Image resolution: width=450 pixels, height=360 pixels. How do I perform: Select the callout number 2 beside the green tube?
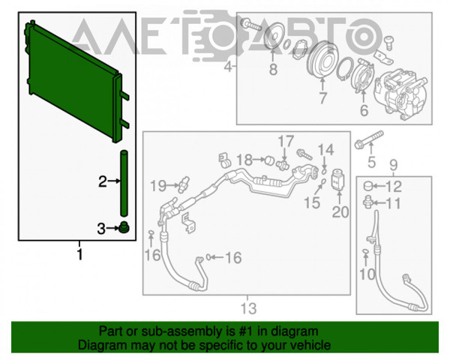tap(103, 181)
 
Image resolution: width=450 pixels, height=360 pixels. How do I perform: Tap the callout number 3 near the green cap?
tap(103, 228)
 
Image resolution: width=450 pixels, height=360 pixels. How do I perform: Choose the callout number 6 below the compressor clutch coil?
tap(364, 110)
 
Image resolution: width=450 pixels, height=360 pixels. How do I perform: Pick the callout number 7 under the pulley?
tap(322, 98)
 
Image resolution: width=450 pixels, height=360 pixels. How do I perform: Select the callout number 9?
tap(393, 164)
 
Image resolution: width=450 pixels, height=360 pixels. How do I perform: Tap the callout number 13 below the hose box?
tap(248, 308)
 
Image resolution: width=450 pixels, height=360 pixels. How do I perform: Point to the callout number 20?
tap(340, 212)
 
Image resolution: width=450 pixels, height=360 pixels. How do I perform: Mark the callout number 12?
tap(394, 186)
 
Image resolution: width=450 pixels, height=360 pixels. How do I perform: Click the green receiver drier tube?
tap(121, 184)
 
